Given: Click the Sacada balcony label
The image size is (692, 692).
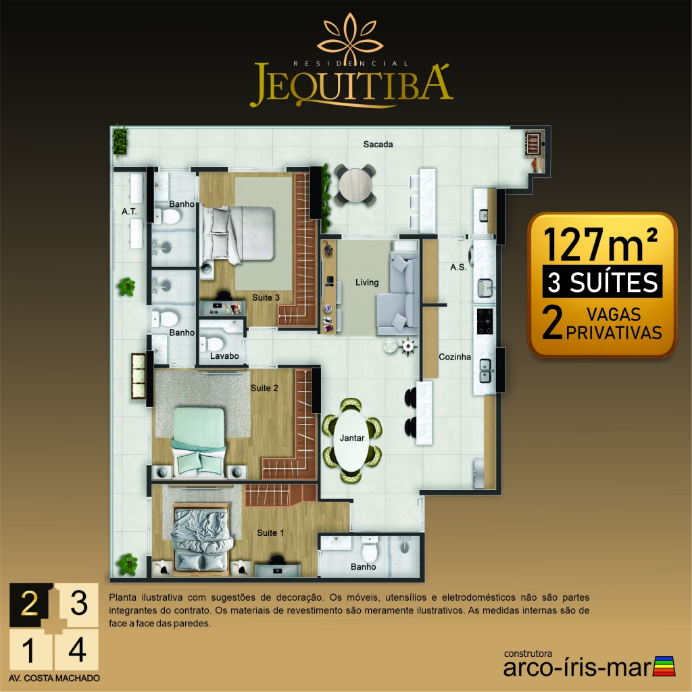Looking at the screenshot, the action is tap(378, 145).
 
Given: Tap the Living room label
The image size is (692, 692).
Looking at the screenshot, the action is tap(367, 282).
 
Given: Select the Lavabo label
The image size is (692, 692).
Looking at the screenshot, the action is tap(224, 356).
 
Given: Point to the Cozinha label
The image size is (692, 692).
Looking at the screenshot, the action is tap(455, 357).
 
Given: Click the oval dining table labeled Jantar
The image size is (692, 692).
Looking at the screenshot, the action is tap(351, 441).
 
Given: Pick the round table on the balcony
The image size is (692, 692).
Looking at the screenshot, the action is tap(355, 185).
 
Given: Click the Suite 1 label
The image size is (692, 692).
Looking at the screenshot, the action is tap(270, 533).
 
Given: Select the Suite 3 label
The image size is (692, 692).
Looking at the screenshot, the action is tap(266, 298).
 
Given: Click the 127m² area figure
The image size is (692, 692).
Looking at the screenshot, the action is tap(601, 244).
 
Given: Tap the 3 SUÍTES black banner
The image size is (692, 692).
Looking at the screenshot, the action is tap(602, 282).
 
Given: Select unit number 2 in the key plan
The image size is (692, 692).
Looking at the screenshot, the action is tap(30, 603).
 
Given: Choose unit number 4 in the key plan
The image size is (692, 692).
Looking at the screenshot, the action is tap(77, 650).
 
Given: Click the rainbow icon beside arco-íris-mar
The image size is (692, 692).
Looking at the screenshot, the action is tap(664, 666).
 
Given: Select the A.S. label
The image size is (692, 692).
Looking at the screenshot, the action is tap(458, 268).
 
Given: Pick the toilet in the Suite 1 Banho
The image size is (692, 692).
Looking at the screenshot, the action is tap(370, 550).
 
